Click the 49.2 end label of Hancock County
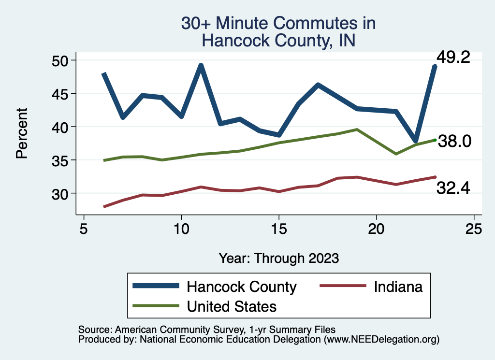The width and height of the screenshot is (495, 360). tap(453, 58)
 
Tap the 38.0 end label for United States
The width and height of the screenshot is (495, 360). tap(454, 141)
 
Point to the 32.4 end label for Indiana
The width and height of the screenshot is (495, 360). tap(453, 188)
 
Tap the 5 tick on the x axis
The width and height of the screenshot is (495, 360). tap(84, 229)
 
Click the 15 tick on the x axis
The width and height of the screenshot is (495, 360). tap(278, 229)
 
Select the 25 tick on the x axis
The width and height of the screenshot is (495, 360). tap(473, 229)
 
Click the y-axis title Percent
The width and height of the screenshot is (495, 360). tap(21, 133)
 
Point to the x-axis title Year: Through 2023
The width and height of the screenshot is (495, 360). tap(278, 258)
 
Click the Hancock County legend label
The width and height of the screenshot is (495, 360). tap(241, 287)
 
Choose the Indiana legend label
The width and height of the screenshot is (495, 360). tap(398, 287)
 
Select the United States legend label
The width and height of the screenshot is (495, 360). tap(232, 306)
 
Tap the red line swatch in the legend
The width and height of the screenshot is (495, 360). tap(342, 286)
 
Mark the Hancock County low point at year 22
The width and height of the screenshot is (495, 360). tap(415, 140)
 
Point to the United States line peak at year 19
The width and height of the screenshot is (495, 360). tap(357, 130)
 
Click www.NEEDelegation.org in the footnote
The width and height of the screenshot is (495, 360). tap(381, 339)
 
